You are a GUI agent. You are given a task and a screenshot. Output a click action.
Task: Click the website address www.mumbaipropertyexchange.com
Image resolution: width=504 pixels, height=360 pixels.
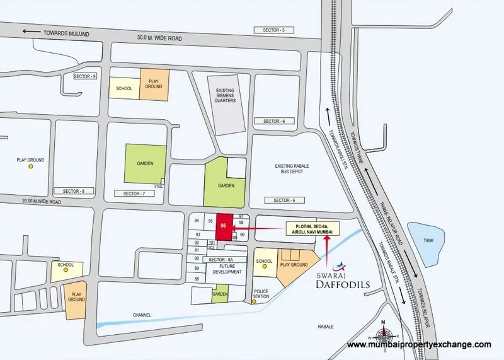[x=419, y=345]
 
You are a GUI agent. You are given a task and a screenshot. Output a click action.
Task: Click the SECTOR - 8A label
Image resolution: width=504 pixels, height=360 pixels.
[x=221, y=260]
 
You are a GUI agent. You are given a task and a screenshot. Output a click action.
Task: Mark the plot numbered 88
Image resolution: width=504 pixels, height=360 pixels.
[x=197, y=279]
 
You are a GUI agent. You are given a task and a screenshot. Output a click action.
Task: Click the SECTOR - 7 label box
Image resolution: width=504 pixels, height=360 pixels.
[x=134, y=194]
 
